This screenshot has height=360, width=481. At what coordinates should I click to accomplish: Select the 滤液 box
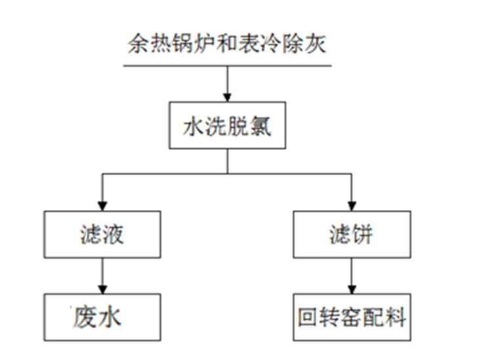tap(102, 234)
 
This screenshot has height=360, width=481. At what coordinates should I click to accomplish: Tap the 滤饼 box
tap(352, 234)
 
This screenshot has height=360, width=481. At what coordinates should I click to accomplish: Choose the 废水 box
tap(102, 317)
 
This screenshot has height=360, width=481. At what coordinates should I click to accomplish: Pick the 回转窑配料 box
tap(352, 317)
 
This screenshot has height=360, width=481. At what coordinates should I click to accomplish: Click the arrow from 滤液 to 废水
tap(102, 275)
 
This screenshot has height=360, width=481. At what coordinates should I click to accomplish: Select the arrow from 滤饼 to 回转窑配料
tap(352, 275)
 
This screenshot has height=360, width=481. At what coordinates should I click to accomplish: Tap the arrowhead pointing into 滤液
tap(102, 205)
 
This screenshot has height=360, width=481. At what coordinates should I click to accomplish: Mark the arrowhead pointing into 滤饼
tap(352, 205)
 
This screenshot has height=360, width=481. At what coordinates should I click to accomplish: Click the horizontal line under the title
tap(226, 66)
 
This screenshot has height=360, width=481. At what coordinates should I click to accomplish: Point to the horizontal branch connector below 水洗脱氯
tap(226, 174)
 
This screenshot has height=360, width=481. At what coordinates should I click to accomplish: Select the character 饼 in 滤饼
tap(363, 234)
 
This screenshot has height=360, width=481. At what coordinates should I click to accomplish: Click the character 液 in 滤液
tap(113, 234)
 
